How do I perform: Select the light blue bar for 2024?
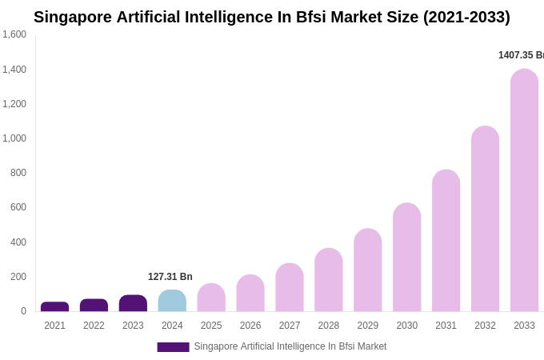[x=172, y=301]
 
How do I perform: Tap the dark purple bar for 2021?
[x=54, y=306]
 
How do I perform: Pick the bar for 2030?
[x=406, y=257]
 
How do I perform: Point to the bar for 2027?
[x=290, y=287]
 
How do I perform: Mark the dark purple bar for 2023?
[x=133, y=303]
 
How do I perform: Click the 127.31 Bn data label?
[x=170, y=277]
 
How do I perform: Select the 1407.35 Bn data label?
[x=521, y=55]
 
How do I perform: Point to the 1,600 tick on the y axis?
[x=14, y=34]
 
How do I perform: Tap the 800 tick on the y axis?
[x=18, y=173]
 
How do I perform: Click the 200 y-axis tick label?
[x=18, y=277]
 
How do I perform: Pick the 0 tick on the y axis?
[x=23, y=311]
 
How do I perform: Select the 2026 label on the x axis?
[x=250, y=326]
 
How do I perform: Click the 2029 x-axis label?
[x=368, y=326]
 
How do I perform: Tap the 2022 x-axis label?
[x=94, y=326]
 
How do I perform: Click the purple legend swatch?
[x=173, y=347]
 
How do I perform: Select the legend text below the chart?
[x=290, y=346]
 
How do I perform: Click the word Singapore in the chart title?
[x=73, y=17]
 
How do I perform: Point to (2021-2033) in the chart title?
[x=466, y=17]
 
